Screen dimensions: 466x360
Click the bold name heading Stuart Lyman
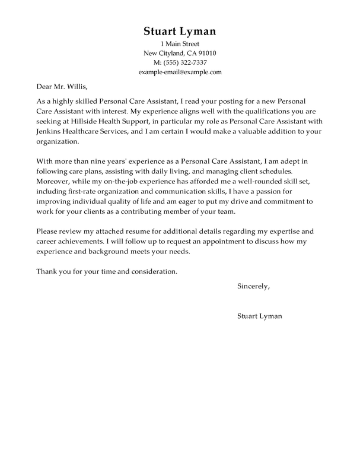[x=180, y=31]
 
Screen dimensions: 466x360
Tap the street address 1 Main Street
[x=180, y=45]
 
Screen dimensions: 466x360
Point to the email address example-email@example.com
[x=180, y=71]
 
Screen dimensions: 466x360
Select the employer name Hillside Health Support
[x=98, y=122]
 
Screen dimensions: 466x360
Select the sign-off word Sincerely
[x=253, y=286]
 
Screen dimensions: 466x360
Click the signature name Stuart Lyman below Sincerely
[x=259, y=316]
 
